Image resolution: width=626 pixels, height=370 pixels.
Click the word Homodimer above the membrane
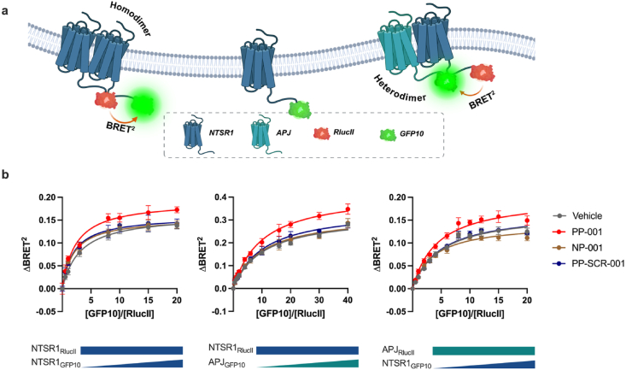point(130,19)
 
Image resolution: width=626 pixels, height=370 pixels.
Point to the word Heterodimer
point(400,89)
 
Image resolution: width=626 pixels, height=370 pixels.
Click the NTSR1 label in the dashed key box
point(221,132)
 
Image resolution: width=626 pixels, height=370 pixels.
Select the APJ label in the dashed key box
point(284,132)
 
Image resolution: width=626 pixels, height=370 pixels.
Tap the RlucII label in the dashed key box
point(343,132)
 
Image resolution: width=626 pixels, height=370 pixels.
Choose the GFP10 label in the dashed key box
point(412,134)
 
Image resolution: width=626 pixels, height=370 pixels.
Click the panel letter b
point(5,174)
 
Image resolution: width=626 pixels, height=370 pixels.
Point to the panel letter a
point(5,11)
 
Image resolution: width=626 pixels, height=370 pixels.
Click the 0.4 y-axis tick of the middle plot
point(221,197)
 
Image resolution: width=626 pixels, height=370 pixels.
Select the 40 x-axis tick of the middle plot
point(348,301)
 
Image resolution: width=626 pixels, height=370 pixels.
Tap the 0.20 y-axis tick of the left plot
point(47,197)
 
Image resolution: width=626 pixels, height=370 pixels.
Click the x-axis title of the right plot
point(470,314)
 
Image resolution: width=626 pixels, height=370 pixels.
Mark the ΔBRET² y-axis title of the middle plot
point(205,243)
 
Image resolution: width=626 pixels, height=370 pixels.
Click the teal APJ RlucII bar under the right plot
point(483,351)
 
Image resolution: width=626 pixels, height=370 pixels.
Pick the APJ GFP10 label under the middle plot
point(227,363)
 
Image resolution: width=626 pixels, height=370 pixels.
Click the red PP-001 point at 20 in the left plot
point(177,209)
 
